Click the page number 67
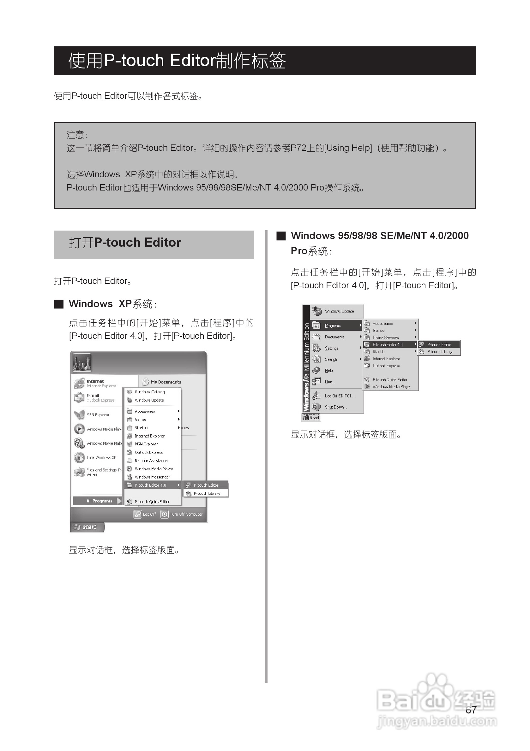[x=471, y=710]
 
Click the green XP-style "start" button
[x=87, y=527]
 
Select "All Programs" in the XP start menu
[x=99, y=501]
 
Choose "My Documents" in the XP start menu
[x=166, y=382]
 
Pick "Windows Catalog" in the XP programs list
[x=149, y=392]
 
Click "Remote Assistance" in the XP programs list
[x=151, y=461]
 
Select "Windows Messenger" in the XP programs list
[x=152, y=477]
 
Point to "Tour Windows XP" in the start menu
[x=101, y=458]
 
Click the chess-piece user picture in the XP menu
[x=81, y=363]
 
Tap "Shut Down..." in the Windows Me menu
[x=335, y=407]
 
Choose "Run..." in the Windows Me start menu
[x=329, y=382]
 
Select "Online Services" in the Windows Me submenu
[x=385, y=337]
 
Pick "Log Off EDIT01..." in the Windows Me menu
[x=339, y=396]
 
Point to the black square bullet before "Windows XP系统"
[x=59, y=304]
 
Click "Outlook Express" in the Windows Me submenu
[x=386, y=366]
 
